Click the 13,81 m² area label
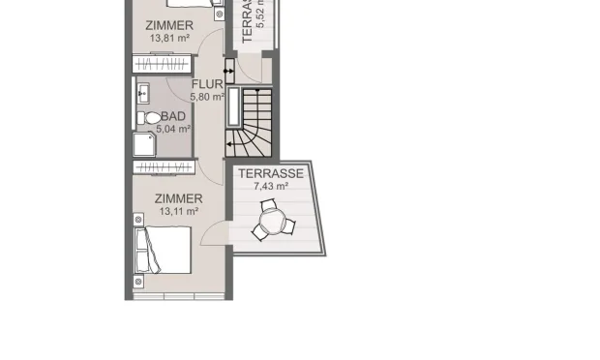click(x=168, y=38)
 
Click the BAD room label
click(x=173, y=116)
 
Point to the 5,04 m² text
click(x=173, y=128)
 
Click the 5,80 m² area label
click(x=207, y=96)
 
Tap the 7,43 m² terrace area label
click(x=271, y=186)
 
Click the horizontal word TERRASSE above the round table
click(x=272, y=174)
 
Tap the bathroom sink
click(x=144, y=93)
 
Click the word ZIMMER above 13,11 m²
click(x=178, y=198)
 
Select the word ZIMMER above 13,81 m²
click(x=169, y=25)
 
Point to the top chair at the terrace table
click(x=272, y=206)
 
